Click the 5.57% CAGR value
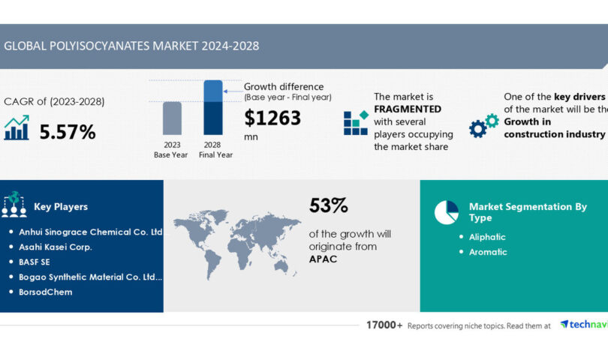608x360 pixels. point(68,132)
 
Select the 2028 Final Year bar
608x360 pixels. point(213,108)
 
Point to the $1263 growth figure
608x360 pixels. point(273,118)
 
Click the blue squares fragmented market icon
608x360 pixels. point(356,122)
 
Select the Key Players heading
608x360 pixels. point(61,206)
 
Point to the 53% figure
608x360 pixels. point(329,205)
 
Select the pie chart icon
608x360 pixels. point(447,211)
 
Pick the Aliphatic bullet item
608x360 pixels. point(487,237)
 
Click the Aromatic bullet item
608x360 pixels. point(488,252)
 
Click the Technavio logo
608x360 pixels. point(584,325)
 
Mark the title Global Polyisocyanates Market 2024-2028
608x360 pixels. point(131,46)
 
